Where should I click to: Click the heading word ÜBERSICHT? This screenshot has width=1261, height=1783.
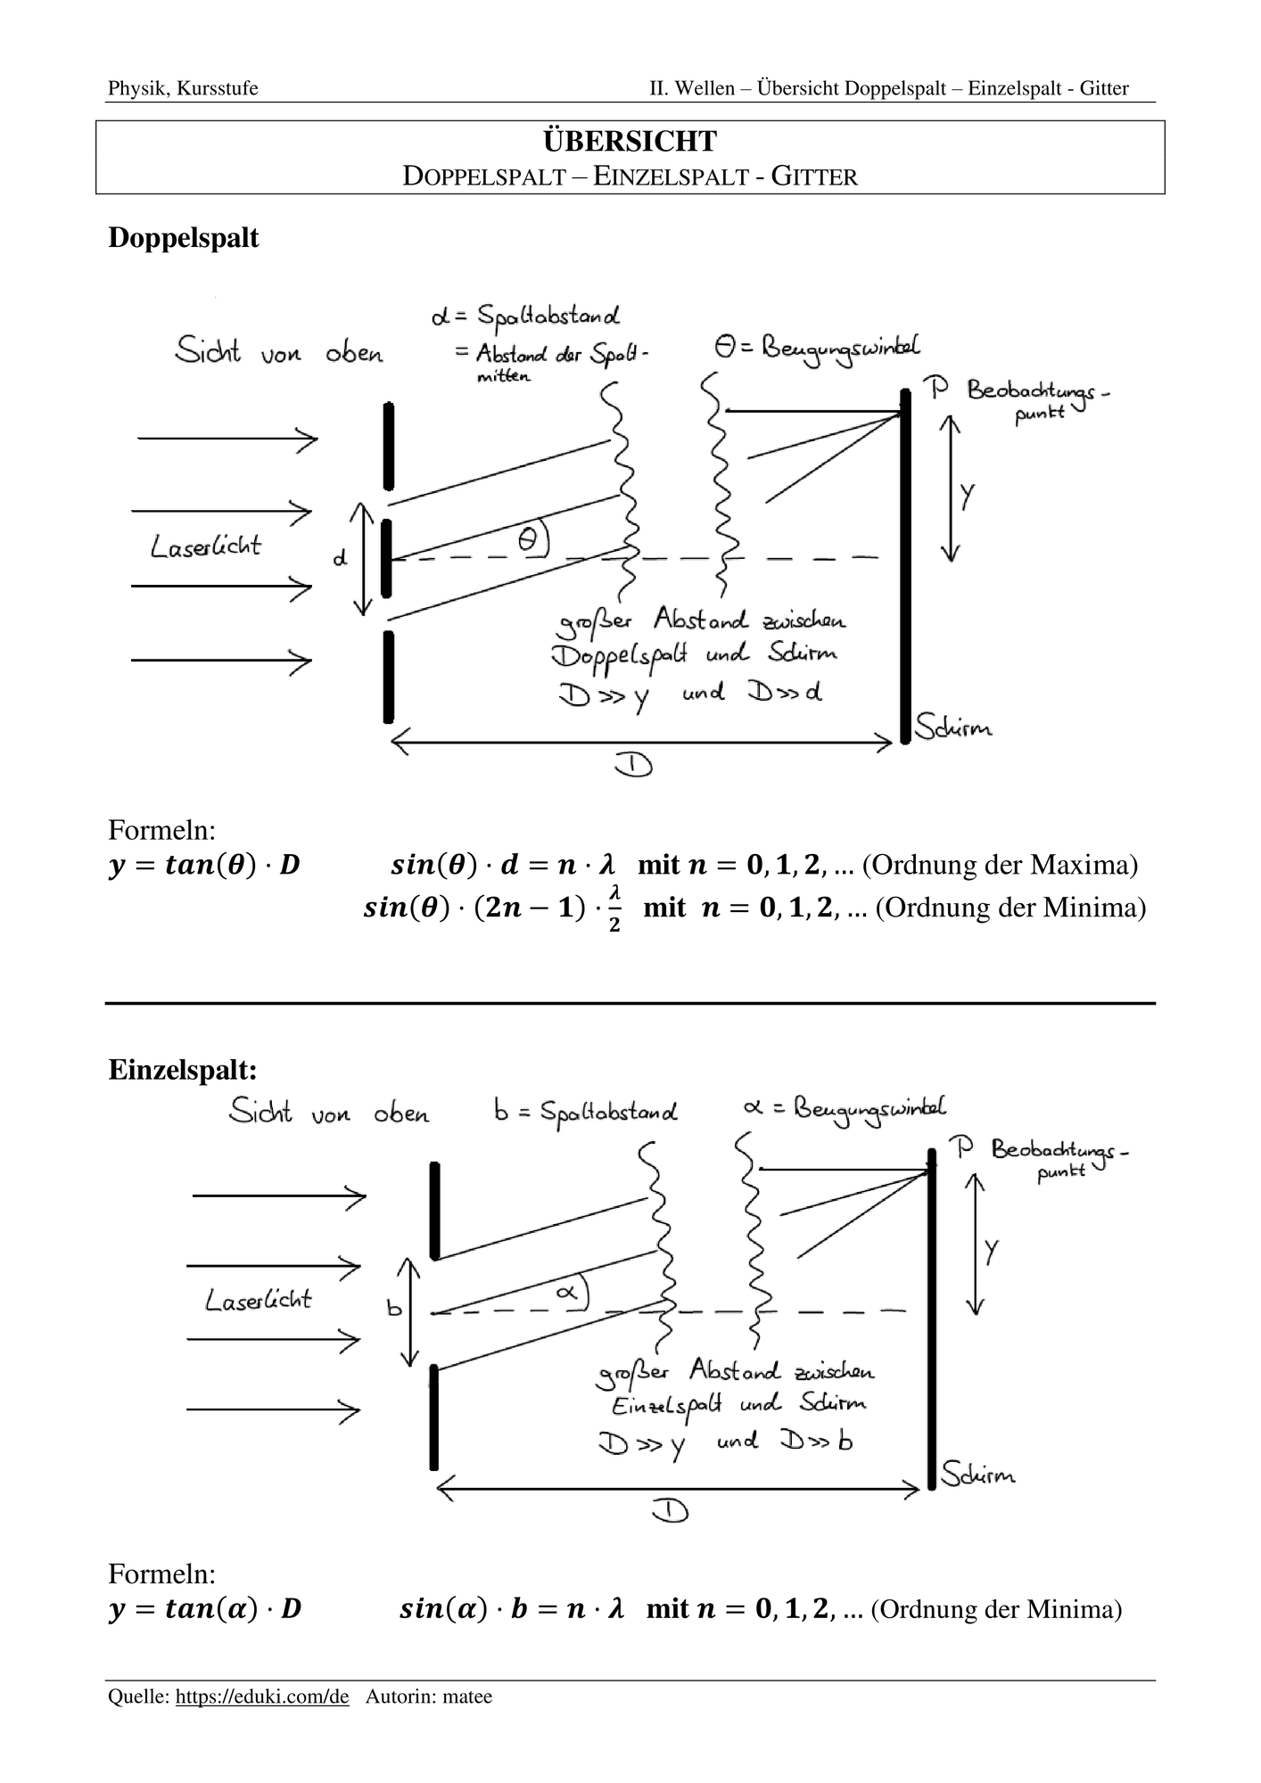pos(630,141)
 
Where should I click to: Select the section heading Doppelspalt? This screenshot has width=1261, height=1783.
pos(184,238)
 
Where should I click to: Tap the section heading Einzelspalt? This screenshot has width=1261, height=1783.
pos(183,1069)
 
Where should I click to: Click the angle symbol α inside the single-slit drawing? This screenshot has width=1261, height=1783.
pos(568,1290)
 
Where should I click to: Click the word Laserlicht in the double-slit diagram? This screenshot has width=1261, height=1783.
pos(206,545)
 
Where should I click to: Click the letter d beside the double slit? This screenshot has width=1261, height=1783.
pos(340,558)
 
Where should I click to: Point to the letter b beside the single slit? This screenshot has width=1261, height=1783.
pos(394,1307)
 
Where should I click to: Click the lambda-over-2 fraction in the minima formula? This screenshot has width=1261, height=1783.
pos(614,908)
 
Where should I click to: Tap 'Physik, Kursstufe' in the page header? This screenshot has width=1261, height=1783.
pos(183,88)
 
